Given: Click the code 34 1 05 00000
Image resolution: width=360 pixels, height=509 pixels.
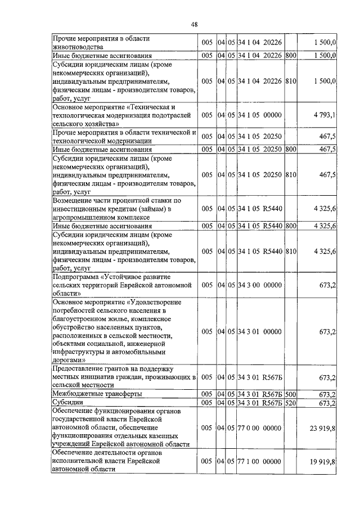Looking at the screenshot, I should [259, 115].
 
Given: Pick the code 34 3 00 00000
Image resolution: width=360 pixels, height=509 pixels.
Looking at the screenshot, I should [259, 286].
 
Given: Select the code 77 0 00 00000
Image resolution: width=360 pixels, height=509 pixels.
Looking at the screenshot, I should [259, 428].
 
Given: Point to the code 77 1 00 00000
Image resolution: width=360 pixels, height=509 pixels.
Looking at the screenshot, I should [259, 461].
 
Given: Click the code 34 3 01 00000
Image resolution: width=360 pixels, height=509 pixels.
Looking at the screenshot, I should [259, 332].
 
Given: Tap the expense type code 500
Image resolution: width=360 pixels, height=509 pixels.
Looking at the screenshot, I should [291, 394].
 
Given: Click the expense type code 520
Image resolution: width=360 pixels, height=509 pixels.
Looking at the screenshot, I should [291, 403].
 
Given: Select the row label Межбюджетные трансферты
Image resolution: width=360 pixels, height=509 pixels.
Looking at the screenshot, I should [97, 394].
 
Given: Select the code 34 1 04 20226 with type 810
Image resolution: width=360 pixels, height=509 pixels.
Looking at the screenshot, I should [259, 81].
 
